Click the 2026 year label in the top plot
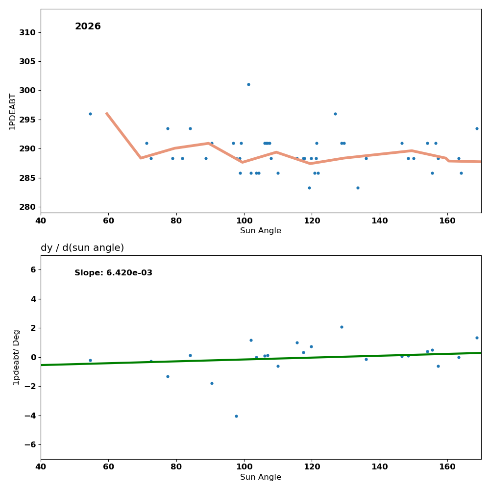click(88, 27)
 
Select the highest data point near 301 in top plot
click(248, 84)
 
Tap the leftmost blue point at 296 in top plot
click(90, 114)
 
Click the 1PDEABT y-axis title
click(13, 111)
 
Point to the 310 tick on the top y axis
click(27, 32)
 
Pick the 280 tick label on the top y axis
click(27, 207)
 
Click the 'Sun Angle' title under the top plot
click(261, 231)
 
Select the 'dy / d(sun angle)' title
click(82, 248)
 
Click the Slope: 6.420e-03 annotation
click(113, 273)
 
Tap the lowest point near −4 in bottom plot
click(236, 416)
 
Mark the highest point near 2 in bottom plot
click(342, 327)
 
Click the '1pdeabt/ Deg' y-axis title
click(17, 357)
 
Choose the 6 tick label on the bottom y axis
click(32, 269)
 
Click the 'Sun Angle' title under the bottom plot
click(261, 477)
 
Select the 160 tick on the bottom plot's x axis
click(447, 466)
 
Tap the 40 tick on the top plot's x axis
click(41, 220)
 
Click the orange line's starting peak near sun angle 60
click(107, 113)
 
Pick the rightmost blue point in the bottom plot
click(477, 338)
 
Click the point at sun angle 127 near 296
click(335, 114)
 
